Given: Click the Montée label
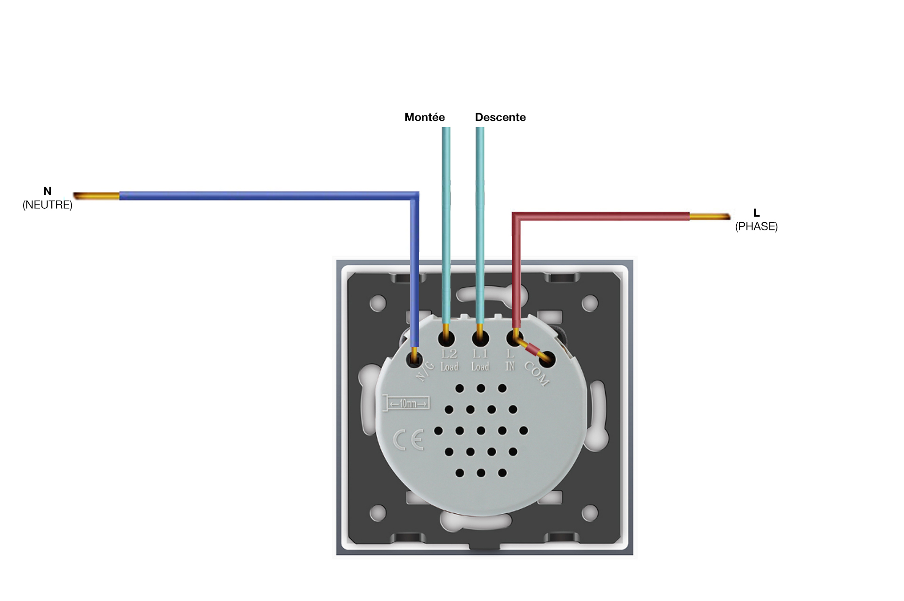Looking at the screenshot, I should pyautogui.click(x=424, y=117).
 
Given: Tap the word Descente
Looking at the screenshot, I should pyautogui.click(x=500, y=117).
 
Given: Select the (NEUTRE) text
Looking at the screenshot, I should pyautogui.click(x=48, y=205).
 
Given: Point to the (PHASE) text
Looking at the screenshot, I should pyautogui.click(x=756, y=227).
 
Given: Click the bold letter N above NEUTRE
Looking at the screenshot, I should pyautogui.click(x=47, y=191).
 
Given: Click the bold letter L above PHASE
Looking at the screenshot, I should pyautogui.click(x=756, y=213).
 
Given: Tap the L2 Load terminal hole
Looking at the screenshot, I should pyautogui.click(x=446, y=338).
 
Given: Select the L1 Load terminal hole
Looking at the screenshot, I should pyautogui.click(x=480, y=338).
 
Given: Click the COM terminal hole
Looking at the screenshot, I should pyautogui.click(x=547, y=360).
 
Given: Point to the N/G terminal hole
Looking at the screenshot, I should pyautogui.click(x=414, y=359).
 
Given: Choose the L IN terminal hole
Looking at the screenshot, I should pyautogui.click(x=514, y=338).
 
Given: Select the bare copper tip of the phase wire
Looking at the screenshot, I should pyautogui.click(x=710, y=217).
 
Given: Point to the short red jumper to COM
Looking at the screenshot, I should pyautogui.click(x=532, y=349).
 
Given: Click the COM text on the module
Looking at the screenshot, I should pyautogui.click(x=537, y=374).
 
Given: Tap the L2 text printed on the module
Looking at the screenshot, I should pyautogui.click(x=449, y=354).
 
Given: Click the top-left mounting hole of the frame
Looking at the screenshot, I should pyautogui.click(x=378, y=303).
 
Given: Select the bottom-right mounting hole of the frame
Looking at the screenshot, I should pyautogui.click(x=589, y=513).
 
